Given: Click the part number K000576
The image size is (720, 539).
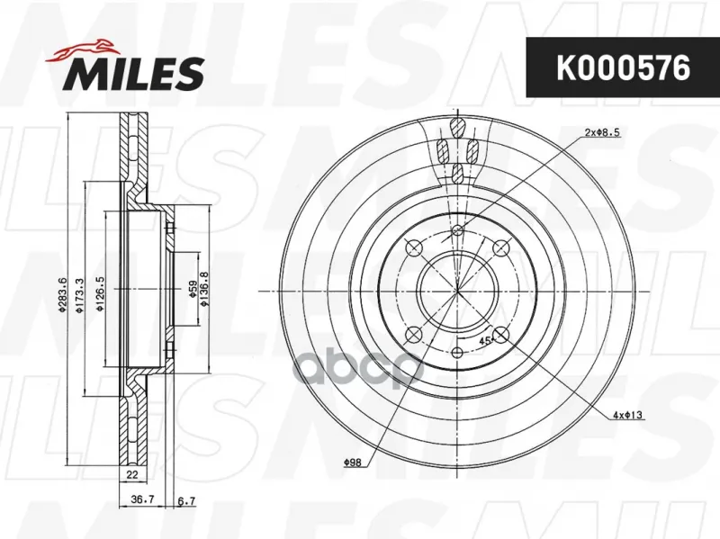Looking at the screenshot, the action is [x=623, y=68].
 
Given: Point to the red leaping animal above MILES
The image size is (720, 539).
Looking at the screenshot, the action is [x=81, y=50].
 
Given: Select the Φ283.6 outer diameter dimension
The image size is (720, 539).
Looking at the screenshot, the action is [x=63, y=294].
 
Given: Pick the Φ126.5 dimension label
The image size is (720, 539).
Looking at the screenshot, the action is [x=100, y=294].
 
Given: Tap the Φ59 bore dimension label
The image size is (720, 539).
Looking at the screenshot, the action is [x=193, y=289].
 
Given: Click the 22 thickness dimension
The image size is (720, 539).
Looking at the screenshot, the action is [x=132, y=475].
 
